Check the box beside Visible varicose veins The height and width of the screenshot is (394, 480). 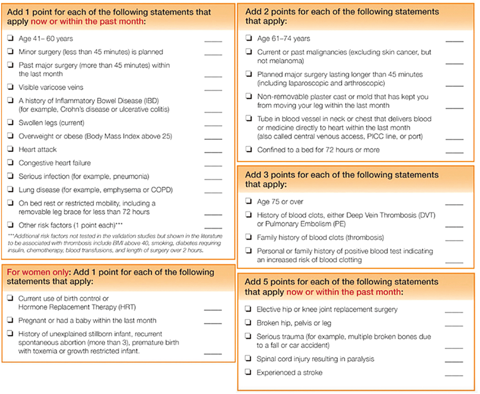[11, 87]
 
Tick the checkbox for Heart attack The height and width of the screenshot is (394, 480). [11, 150]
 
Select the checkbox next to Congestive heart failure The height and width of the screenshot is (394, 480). [11, 163]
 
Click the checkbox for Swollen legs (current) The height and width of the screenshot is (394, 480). [11, 123]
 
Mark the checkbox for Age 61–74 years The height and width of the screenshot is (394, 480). [249, 38]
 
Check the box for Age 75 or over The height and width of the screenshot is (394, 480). [249, 202]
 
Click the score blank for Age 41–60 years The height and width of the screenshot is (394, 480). [213, 41]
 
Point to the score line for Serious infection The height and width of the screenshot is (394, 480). [213, 179]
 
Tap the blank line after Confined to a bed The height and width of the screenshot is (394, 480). [454, 152]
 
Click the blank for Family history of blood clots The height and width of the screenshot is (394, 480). [454, 240]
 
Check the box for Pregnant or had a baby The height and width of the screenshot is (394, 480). [11, 320]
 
